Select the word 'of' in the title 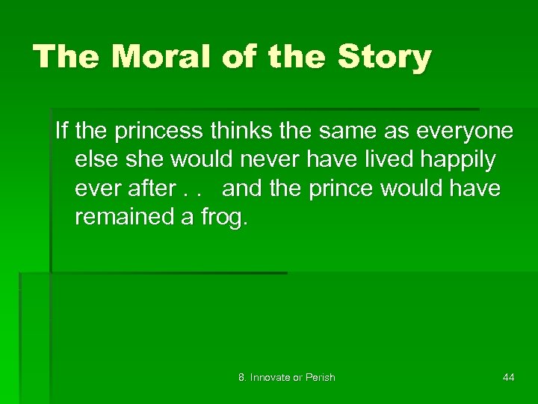tap(238, 57)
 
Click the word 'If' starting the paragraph tap(62, 131)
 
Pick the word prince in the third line tap(340, 188)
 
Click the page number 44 tap(508, 377)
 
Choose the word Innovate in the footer tap(270, 377)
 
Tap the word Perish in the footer tap(319, 377)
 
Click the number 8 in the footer tap(241, 377)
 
